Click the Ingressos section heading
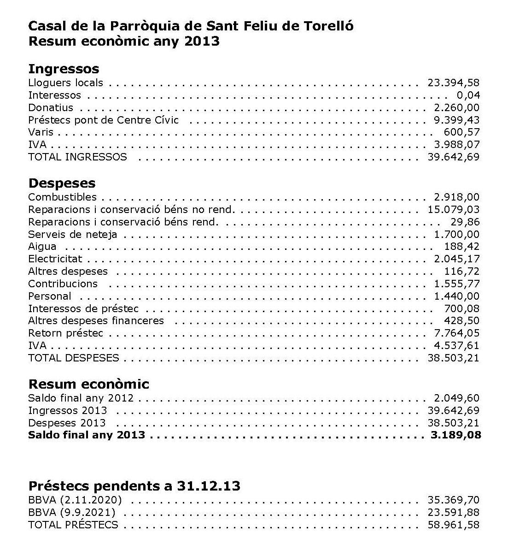[64, 69]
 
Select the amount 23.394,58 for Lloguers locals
[453, 83]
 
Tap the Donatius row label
[51, 108]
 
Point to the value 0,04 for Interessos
[468, 95]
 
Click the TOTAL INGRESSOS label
[77, 157]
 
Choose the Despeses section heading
[62, 183]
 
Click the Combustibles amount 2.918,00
[456, 197]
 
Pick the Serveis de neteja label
[73, 235]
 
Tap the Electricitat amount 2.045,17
[456, 259]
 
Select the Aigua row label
[42, 247]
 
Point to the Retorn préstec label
[66, 333]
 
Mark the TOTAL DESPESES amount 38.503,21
[453, 358]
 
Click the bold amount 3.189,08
[455, 435]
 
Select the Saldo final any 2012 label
[81, 398]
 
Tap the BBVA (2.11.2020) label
[75, 500]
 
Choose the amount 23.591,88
[453, 513]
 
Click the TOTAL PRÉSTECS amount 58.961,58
[453, 525]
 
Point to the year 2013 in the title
[201, 41]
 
